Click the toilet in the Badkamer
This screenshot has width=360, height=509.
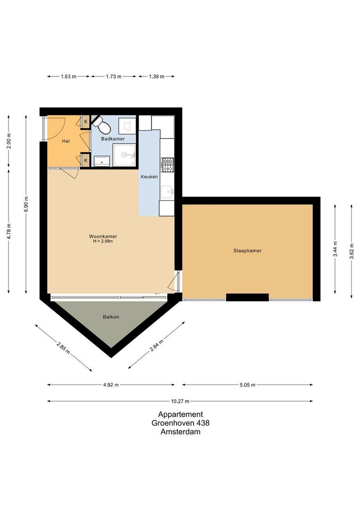click(x=102, y=125)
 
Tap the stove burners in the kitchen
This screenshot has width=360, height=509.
click(x=168, y=164)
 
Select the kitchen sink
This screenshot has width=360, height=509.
click(x=167, y=191)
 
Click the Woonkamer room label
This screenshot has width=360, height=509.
click(x=103, y=237)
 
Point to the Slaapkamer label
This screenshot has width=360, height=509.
click(x=247, y=251)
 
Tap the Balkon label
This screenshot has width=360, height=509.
click(x=111, y=317)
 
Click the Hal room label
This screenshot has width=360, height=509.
click(x=66, y=141)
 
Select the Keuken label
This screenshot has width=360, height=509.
click(x=149, y=177)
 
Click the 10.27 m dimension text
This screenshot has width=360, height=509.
click(x=180, y=401)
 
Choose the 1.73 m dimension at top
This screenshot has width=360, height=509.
click(x=114, y=76)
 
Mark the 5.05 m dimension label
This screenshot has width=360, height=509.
click(x=246, y=385)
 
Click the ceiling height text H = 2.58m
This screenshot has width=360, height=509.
click(x=103, y=242)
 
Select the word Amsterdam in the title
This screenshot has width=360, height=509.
click(x=180, y=431)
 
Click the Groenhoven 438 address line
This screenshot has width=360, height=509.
click(x=180, y=423)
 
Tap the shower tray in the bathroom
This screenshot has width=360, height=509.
click(x=124, y=155)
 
